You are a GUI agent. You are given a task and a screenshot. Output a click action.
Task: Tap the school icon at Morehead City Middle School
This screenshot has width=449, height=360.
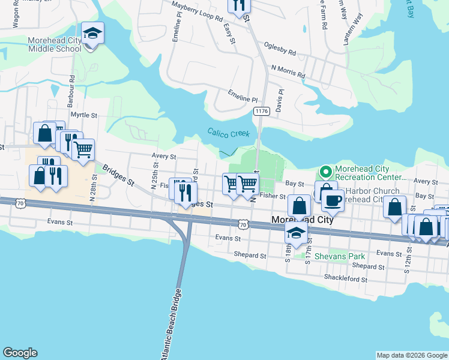[x=92, y=33]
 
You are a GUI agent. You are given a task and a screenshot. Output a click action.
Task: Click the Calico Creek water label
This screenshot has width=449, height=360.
[x=228, y=133]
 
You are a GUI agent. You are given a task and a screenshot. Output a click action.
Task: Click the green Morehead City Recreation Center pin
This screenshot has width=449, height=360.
[x=325, y=173]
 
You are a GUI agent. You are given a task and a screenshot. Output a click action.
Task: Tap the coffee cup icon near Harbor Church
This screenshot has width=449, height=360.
[x=333, y=199]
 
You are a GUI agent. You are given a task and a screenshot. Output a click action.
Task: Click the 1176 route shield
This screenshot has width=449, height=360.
[x=261, y=111]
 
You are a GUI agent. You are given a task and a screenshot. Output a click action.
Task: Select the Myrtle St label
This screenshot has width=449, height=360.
[x=83, y=114]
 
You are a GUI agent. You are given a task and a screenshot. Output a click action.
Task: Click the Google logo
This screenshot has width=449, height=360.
[x=20, y=353]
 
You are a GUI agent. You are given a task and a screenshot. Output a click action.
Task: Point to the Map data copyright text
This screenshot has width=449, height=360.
[x=412, y=355]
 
